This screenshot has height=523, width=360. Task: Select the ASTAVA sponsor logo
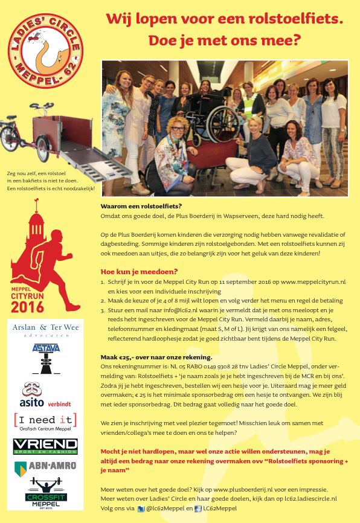[46, 350]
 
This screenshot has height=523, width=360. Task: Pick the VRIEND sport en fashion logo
[45, 446]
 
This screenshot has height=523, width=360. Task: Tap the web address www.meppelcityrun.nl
[312, 282]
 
